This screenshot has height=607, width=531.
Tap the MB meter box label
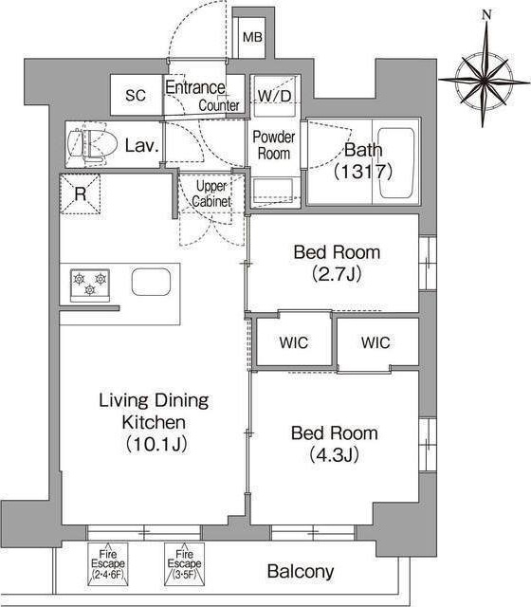(x=252, y=38)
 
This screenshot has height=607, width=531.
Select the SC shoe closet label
(x=136, y=95)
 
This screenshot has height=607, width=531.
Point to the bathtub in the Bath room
(x=395, y=163)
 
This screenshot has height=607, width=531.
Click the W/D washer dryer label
(x=274, y=96)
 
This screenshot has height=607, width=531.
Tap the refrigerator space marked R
(x=81, y=193)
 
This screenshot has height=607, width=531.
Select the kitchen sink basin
(x=151, y=282)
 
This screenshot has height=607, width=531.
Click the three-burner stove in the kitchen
(x=90, y=285)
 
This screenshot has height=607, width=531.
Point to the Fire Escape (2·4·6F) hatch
(x=107, y=564)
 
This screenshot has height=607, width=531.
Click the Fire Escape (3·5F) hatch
(x=184, y=564)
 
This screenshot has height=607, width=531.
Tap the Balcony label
(x=301, y=571)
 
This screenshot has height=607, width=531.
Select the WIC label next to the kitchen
(x=294, y=342)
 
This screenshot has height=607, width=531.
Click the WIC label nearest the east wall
(x=375, y=342)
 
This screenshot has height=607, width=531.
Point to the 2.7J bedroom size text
(x=337, y=274)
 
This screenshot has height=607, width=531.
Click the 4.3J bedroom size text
(x=335, y=455)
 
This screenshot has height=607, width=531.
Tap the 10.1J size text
(x=156, y=444)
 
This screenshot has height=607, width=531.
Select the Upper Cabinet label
(x=211, y=193)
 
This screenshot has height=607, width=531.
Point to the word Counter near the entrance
(x=219, y=105)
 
